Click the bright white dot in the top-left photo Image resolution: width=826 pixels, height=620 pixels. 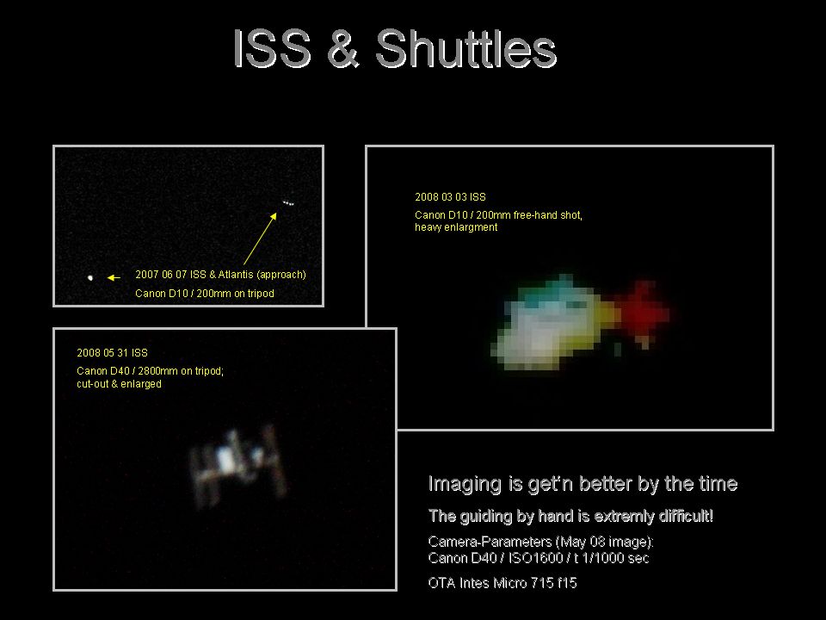(90, 277)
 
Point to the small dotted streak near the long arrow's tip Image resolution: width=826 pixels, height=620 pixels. (288, 203)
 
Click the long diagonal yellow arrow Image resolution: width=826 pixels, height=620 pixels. (260, 239)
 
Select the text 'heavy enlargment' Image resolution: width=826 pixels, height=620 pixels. (456, 227)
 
